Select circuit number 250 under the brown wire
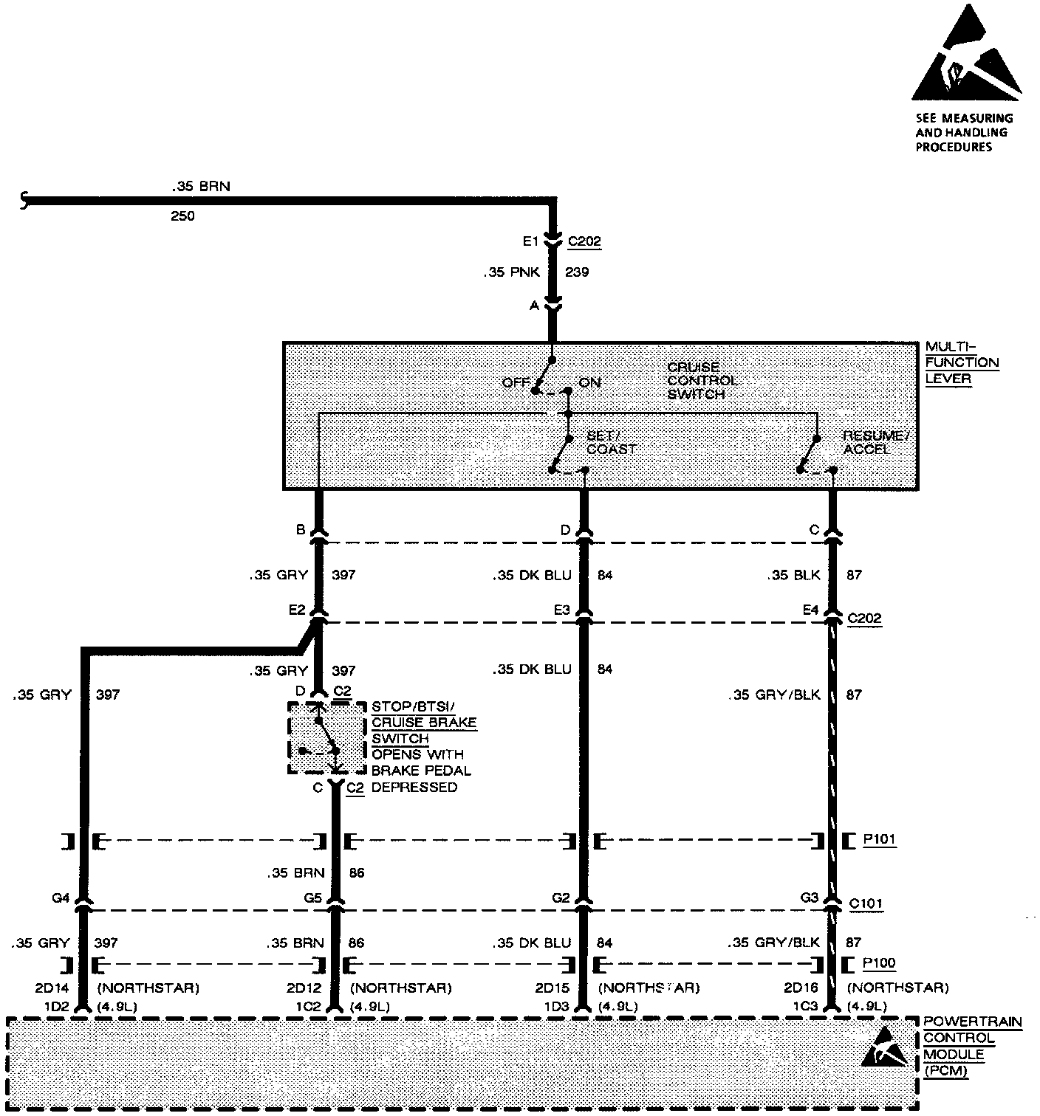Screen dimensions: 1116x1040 click(182, 216)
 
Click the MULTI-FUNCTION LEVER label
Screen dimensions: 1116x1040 click(962, 362)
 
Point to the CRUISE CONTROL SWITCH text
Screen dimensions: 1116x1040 click(702, 380)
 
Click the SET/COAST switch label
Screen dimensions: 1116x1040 click(611, 442)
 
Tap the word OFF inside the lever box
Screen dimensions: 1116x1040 click(516, 382)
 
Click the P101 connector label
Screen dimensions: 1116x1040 click(879, 840)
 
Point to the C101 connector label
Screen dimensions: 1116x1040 click(865, 903)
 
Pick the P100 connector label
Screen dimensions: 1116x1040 click(879, 963)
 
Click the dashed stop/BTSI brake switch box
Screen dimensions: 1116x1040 click(326, 737)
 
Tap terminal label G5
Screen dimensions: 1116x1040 click(313, 899)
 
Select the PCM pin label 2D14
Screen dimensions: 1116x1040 click(51, 988)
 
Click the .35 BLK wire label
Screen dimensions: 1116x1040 click(794, 575)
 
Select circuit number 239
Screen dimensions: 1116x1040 click(577, 272)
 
